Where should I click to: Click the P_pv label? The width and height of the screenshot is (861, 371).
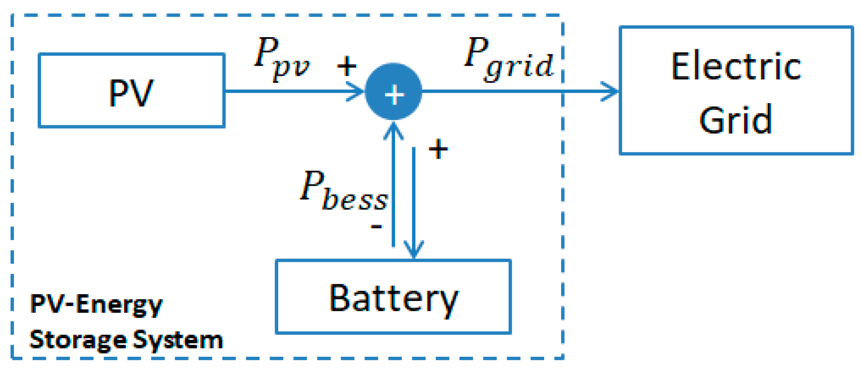pos(281,58)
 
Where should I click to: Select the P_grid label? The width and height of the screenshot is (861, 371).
pos(508,58)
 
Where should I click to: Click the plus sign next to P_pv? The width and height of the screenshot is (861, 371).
pos(347,66)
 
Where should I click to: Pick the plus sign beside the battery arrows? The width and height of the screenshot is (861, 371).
pos(438,149)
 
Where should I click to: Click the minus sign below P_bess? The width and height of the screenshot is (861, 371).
pos(376,226)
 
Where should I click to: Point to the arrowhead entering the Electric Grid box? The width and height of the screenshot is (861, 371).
pos(611,92)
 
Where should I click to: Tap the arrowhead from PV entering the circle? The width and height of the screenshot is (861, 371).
pos(357,92)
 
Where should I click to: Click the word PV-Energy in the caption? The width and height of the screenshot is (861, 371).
pos(96,304)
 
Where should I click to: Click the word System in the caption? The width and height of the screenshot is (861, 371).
pos(178,340)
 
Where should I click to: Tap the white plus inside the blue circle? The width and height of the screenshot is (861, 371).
pos(394,95)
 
